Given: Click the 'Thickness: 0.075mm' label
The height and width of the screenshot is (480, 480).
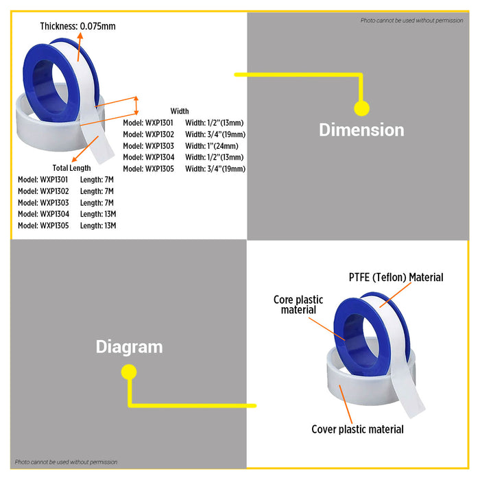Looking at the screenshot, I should (77, 27).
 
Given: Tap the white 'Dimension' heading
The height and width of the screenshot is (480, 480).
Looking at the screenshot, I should (361, 130).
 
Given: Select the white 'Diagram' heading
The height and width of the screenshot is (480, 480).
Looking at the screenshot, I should (129, 347).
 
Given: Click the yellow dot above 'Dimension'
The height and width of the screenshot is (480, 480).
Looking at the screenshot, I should (361, 108).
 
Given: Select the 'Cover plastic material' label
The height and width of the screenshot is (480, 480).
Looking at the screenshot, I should (357, 429).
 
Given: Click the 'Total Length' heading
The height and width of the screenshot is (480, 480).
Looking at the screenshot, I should (71, 168).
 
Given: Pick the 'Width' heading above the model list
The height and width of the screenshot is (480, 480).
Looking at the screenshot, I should (180, 111).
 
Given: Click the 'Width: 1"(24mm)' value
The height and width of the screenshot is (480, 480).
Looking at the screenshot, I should (211, 145).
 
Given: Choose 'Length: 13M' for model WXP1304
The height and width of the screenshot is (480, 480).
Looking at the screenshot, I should (97, 214).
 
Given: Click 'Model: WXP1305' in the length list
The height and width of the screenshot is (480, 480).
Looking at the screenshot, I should (43, 226).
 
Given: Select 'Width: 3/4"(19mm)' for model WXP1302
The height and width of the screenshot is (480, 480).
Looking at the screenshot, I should (215, 134).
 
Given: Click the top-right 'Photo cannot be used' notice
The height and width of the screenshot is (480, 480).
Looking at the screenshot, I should (412, 21).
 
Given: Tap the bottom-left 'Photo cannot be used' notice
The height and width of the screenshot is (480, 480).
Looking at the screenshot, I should (67, 462).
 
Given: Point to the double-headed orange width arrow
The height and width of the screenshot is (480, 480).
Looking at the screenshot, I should (136, 106).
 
